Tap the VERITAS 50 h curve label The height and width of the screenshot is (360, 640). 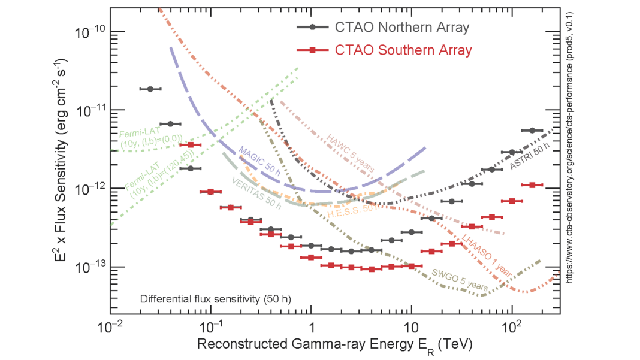coord(256,193)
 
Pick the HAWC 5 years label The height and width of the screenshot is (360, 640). coord(350,153)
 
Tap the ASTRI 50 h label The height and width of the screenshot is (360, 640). coord(528,159)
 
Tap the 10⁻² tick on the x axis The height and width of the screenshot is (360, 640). coord(110,327)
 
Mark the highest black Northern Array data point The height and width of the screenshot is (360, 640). coord(150,89)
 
